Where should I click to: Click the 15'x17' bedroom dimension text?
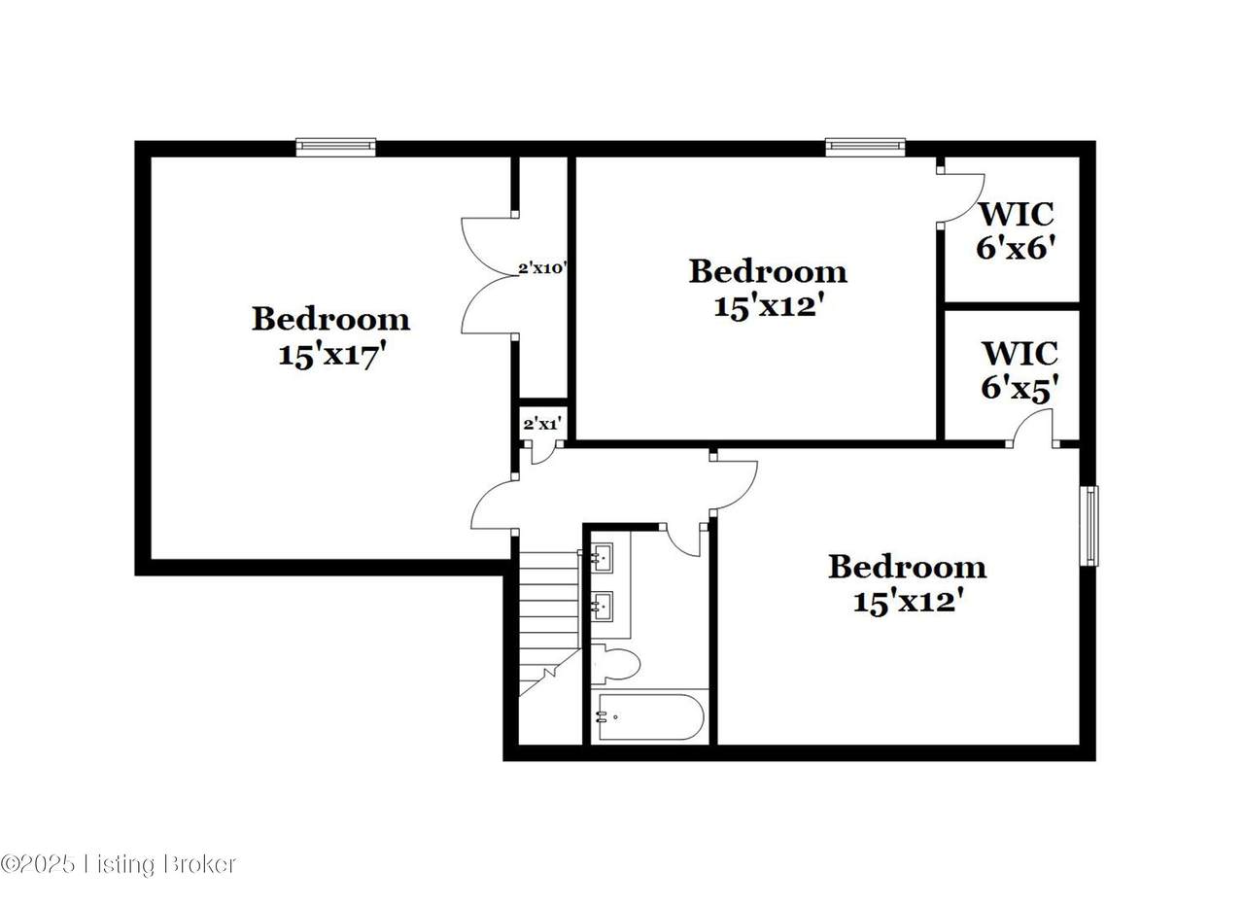pos(331,355)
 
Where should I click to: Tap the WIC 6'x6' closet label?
pos(1016,230)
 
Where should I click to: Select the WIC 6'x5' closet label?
pos(1019,370)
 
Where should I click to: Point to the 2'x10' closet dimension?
pos(542,269)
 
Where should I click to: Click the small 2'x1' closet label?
pos(542,425)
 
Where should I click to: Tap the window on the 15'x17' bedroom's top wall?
pos(336,147)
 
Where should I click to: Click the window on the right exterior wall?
pos(1089,526)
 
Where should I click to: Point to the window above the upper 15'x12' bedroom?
pos(865,147)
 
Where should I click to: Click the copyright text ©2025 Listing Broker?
pos(119,864)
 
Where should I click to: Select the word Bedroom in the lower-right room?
pos(908,568)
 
